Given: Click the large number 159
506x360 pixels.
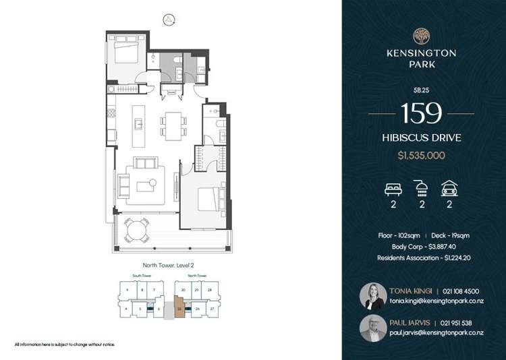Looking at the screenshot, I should click(421, 113).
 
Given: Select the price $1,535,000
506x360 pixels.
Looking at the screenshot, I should click(421, 155).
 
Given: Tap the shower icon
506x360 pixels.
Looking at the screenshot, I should click(421, 188).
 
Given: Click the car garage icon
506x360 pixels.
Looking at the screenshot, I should click(449, 188).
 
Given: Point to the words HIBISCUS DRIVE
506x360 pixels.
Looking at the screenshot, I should click(421, 138).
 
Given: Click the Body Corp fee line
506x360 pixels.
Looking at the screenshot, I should click(421, 247).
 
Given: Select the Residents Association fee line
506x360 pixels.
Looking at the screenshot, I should click(421, 258).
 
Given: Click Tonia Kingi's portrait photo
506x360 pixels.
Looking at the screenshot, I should click(373, 295).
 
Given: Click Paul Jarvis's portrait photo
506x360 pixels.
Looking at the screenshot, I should click(373, 328).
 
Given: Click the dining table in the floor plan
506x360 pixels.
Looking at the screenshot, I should click(172, 123).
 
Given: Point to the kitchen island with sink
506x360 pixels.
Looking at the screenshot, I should click(138, 123).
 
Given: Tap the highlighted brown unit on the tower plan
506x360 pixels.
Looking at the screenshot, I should click(179, 307).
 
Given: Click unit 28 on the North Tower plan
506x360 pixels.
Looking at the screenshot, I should click(210, 289).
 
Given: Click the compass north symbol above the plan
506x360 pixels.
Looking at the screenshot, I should click(167, 19).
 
